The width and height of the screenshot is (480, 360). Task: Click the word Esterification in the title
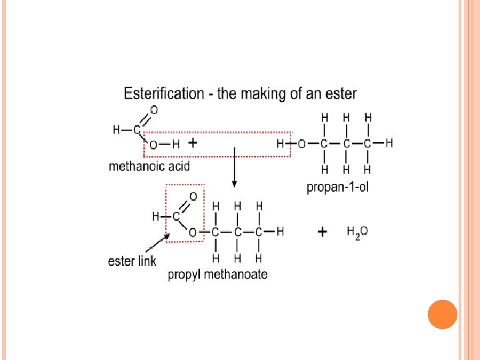[164, 94]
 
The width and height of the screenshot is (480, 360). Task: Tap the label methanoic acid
[149, 167]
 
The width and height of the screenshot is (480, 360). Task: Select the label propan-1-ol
[337, 187]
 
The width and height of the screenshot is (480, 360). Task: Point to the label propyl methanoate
[217, 274]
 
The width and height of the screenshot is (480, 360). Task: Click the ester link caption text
[131, 261]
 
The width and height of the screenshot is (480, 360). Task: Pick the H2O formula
[357, 232]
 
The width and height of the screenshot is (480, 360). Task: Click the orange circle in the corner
[443, 315]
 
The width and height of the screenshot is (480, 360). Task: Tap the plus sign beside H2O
[323, 232]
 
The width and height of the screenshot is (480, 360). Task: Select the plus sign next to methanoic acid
[193, 143]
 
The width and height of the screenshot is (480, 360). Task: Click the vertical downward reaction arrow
[233, 170]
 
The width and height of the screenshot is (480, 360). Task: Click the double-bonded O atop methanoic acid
[154, 110]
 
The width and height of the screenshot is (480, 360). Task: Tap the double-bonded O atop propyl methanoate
[193, 197]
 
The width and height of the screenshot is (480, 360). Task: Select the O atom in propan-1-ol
[302, 143]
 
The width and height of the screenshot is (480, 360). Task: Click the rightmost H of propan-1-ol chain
[389, 143]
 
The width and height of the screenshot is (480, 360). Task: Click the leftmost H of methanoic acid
[117, 130]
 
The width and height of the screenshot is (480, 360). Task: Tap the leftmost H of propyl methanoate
[156, 217]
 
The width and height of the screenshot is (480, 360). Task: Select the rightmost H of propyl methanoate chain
[280, 231]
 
